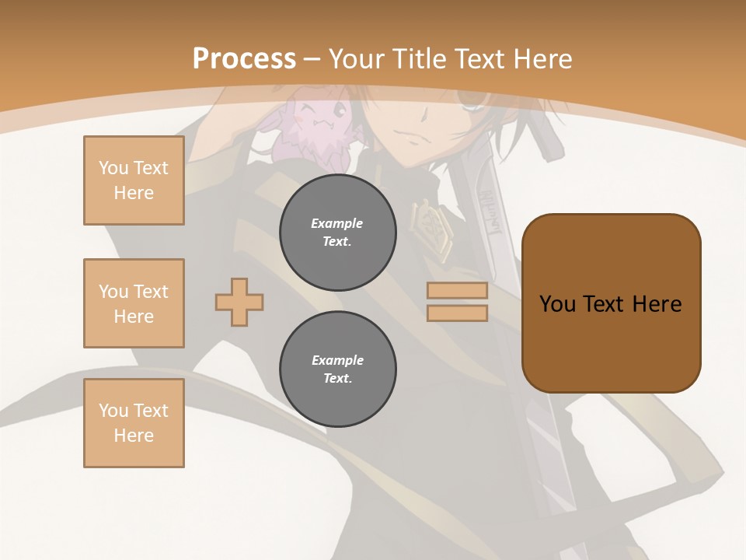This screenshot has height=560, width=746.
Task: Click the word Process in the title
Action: (244, 59)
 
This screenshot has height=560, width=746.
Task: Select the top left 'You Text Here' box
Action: (134, 180)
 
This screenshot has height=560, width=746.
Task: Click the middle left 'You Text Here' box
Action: (134, 303)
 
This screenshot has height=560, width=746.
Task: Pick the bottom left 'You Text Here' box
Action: (134, 423)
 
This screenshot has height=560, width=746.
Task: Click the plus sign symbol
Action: (239, 302)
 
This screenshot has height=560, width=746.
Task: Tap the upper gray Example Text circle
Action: (337, 233)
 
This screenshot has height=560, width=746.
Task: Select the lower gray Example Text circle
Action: (337, 369)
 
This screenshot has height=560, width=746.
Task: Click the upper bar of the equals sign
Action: (457, 291)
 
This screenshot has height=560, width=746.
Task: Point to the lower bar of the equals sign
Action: (457, 313)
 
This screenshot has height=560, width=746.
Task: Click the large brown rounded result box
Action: (611, 303)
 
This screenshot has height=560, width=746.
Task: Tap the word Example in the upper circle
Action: (337, 223)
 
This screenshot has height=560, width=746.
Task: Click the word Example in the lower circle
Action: (337, 360)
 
